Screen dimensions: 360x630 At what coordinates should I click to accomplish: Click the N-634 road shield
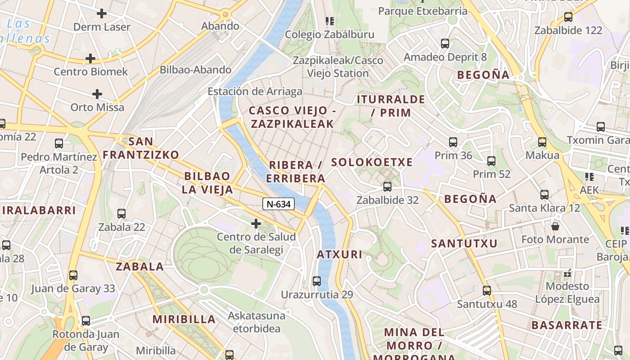[x=279, y=204]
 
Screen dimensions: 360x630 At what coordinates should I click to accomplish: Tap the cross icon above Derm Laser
[x=102, y=13]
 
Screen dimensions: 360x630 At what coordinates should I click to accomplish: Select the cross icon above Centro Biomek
[x=90, y=58]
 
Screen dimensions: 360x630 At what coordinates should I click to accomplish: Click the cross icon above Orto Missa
[x=97, y=94]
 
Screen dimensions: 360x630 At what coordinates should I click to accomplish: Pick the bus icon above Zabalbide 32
[x=387, y=186]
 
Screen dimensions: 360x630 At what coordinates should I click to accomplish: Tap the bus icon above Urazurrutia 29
[x=317, y=281]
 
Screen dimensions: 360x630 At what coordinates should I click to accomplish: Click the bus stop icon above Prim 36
[x=453, y=142]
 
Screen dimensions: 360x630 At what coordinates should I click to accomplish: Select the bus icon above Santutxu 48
[x=486, y=291]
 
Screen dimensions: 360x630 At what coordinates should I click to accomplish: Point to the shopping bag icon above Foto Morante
[x=555, y=226]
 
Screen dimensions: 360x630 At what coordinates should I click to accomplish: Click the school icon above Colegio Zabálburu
[x=330, y=21]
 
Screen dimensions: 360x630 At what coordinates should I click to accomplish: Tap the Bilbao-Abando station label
[x=196, y=70]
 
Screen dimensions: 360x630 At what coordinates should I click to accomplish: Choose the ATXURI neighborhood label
[x=339, y=255]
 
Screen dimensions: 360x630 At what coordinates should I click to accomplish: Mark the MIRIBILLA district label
[x=184, y=319]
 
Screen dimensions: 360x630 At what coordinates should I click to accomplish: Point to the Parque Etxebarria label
[x=423, y=11]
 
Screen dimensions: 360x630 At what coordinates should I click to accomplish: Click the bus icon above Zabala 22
[x=121, y=214]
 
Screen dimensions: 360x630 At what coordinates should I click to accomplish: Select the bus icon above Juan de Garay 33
[x=73, y=275]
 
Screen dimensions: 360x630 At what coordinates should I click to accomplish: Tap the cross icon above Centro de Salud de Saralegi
[x=256, y=223]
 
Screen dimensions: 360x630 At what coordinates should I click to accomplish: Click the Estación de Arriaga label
[x=255, y=92]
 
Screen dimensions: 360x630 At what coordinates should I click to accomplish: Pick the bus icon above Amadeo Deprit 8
[x=445, y=44]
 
